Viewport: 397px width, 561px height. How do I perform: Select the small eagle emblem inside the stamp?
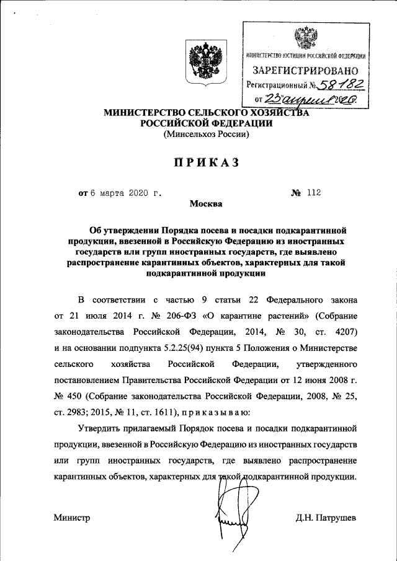305,39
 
